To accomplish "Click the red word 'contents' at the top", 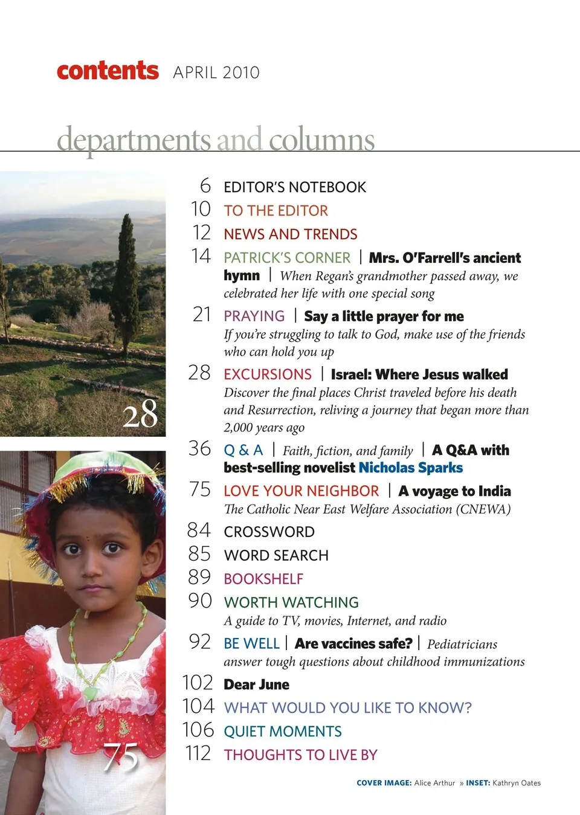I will click(x=108, y=71).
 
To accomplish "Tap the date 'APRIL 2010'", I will click(x=216, y=72).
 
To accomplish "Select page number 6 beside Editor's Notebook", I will click(x=205, y=185).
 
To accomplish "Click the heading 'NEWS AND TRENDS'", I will click(x=290, y=234).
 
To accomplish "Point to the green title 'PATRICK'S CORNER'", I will click(x=286, y=258).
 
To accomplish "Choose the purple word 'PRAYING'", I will click(x=254, y=316).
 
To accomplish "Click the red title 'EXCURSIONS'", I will click(x=267, y=375).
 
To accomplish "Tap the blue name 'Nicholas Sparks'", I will click(x=410, y=468).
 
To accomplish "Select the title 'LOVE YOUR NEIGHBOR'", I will click(x=301, y=491).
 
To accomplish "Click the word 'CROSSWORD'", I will click(x=269, y=532).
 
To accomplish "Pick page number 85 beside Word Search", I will click(x=199, y=554).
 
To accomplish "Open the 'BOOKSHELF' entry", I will click(x=263, y=579).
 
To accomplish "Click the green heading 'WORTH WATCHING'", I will click(x=291, y=602).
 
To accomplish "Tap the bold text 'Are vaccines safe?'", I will click(x=353, y=643).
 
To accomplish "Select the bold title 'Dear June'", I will click(x=256, y=685).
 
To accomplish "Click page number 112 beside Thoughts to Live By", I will click(x=198, y=753).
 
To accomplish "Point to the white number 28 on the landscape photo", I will click(x=140, y=414).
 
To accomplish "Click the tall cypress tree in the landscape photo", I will click(x=127, y=278).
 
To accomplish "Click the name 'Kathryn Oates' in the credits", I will click(x=516, y=783).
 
